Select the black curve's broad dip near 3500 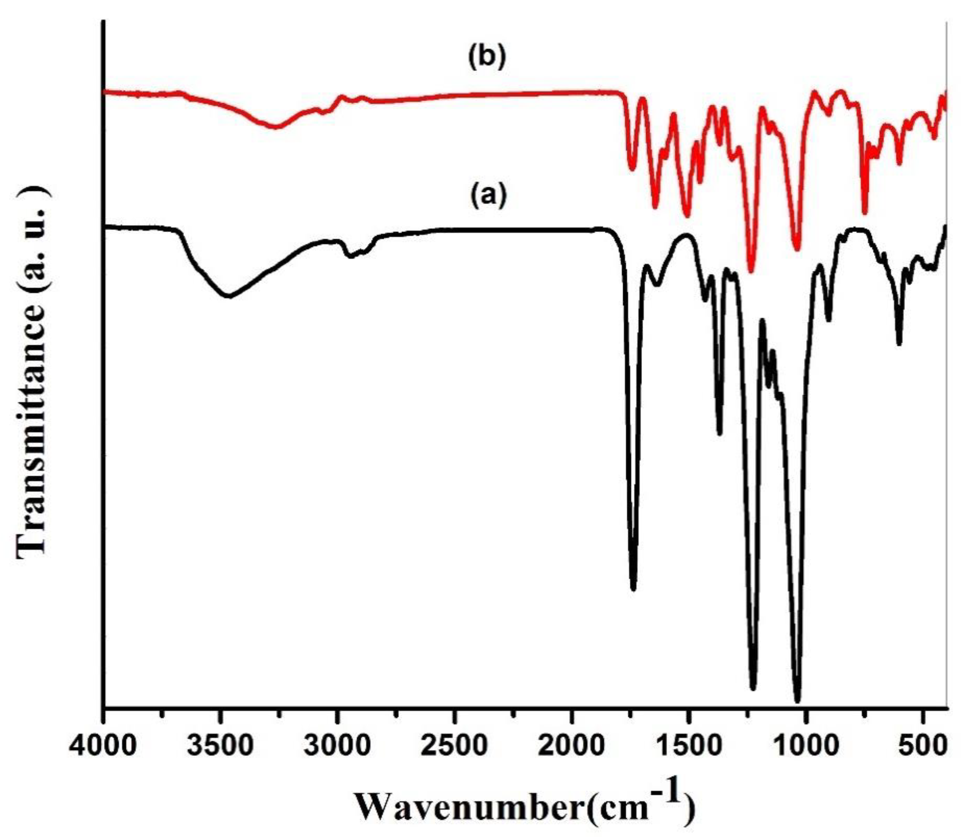tap(229, 296)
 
